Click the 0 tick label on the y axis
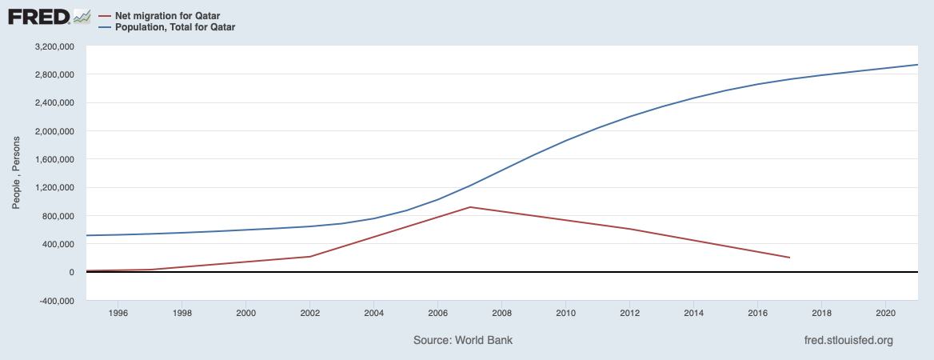point(72,273)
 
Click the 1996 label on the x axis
point(118,313)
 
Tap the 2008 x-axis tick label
point(501,313)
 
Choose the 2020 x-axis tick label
point(885,313)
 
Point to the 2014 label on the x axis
point(693,313)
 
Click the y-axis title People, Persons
point(16,174)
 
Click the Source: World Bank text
point(463,340)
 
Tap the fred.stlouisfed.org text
point(848,340)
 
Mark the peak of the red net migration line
point(469,207)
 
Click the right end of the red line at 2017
point(789,258)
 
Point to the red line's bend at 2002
point(309,257)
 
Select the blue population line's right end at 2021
point(916,65)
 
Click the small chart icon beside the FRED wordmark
point(82,16)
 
